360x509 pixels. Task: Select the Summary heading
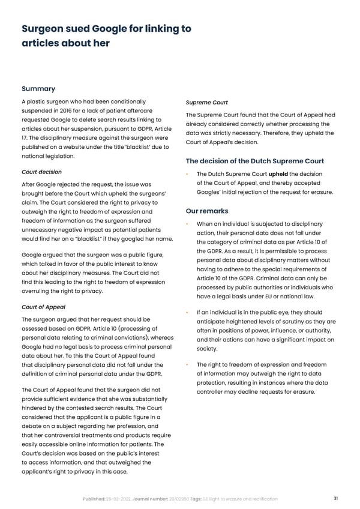pyautogui.click(x=38, y=88)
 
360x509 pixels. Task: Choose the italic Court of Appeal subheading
pyautogui.click(x=43, y=307)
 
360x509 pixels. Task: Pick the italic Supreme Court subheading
pyautogui.click(x=206, y=103)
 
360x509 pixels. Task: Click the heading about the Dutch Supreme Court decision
pyautogui.click(x=255, y=161)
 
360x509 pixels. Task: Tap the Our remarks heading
pyautogui.click(x=207, y=211)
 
